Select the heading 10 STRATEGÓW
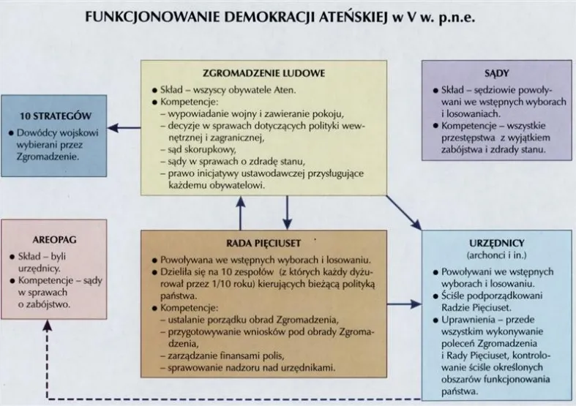point(56,116)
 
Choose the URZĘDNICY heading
point(497,242)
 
